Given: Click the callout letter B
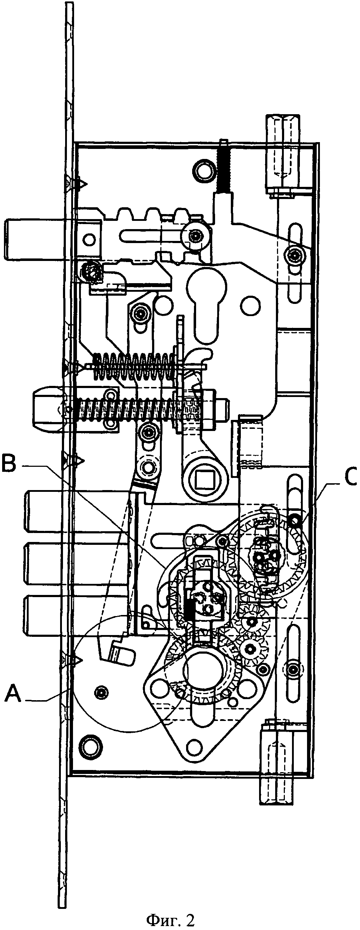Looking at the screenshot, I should click(x=9, y=464).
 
